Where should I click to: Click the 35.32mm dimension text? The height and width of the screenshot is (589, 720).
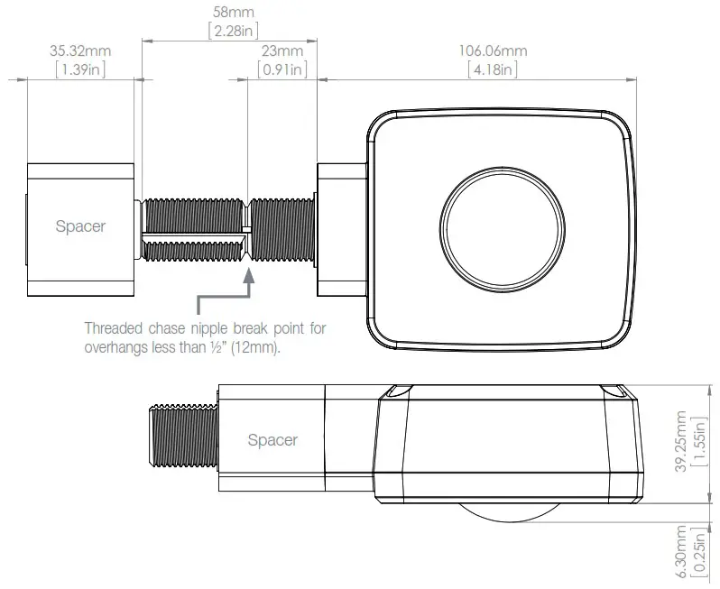pos(79,51)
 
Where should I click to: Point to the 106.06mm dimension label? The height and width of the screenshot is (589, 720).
pos(494,51)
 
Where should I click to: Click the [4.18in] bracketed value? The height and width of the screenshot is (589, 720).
pos(494,69)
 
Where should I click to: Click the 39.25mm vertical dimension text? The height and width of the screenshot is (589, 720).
pos(681,439)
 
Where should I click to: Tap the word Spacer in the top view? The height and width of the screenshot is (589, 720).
pos(80,226)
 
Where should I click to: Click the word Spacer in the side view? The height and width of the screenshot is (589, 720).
pos(272,440)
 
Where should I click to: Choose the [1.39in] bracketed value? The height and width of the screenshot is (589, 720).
pos(79,69)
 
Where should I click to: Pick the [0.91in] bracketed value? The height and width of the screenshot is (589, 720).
pos(282,69)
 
